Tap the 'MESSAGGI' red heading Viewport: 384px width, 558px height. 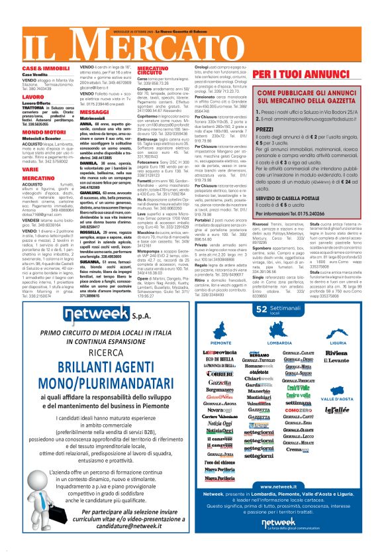(x=94, y=112)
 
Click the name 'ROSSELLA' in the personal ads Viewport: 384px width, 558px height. (x=91, y=231)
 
